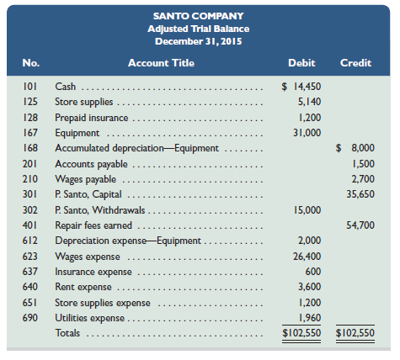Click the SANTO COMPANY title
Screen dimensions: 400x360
(x=199, y=16)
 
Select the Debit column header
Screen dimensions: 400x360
(x=301, y=63)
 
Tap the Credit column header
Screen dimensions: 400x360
(x=355, y=63)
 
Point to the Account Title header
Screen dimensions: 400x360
(x=161, y=63)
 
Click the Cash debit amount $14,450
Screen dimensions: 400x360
(x=301, y=87)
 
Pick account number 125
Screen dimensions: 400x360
(x=30, y=102)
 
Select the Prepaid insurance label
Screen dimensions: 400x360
(x=92, y=118)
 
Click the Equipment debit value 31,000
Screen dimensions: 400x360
(x=307, y=133)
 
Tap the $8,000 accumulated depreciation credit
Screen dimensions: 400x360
(x=355, y=148)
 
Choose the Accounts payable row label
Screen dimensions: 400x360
(x=91, y=164)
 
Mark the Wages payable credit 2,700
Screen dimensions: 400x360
(x=363, y=179)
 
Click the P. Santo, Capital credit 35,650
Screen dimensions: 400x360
(x=360, y=194)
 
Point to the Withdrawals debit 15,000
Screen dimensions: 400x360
(x=307, y=210)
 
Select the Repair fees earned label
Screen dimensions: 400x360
(x=93, y=225)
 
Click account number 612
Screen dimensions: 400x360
(x=30, y=241)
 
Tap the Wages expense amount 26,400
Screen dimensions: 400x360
(x=307, y=257)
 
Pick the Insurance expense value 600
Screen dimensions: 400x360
(x=313, y=272)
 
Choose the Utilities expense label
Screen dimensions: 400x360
(x=89, y=318)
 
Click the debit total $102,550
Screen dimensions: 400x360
(x=301, y=333)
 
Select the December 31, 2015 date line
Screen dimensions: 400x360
(x=199, y=41)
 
